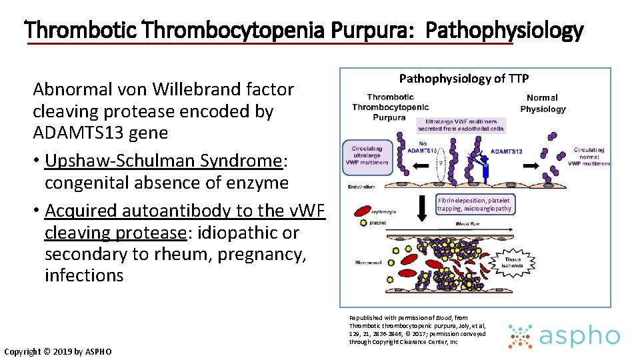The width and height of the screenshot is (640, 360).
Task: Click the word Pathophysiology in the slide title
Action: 504,31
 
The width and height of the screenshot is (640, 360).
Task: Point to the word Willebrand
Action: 200,89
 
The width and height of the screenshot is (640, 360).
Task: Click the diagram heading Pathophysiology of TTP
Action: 463,79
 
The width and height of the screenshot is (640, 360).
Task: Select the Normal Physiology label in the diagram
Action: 543,103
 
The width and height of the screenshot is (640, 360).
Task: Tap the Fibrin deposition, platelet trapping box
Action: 474,204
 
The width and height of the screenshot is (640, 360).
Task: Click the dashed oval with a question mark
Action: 440,161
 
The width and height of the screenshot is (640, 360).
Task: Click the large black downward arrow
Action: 421,209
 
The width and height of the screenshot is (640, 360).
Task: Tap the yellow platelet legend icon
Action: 363,223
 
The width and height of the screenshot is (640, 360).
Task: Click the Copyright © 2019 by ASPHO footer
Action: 58,351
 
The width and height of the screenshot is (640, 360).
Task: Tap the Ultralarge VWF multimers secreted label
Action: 461,125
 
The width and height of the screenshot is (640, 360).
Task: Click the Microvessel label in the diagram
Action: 368,263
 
